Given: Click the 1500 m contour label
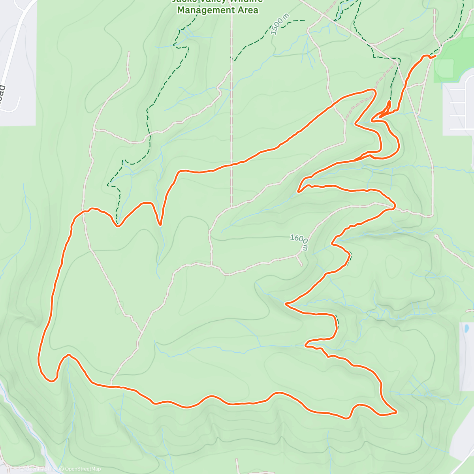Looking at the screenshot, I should [x=280, y=24].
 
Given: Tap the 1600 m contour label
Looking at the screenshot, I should [x=299, y=242].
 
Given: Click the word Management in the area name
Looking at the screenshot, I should [x=203, y=10].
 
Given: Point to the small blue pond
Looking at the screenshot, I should [x=467, y=328].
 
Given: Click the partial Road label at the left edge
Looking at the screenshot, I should [x=2, y=93].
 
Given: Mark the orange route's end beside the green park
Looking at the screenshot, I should [x=435, y=56].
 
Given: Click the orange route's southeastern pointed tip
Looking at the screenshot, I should [x=396, y=412].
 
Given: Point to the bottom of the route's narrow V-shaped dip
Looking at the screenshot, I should [x=160, y=225].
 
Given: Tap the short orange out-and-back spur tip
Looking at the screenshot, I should [x=389, y=102].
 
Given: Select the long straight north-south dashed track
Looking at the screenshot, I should [x=231, y=118].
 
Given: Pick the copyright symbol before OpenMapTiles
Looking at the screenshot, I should [x=22, y=469].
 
